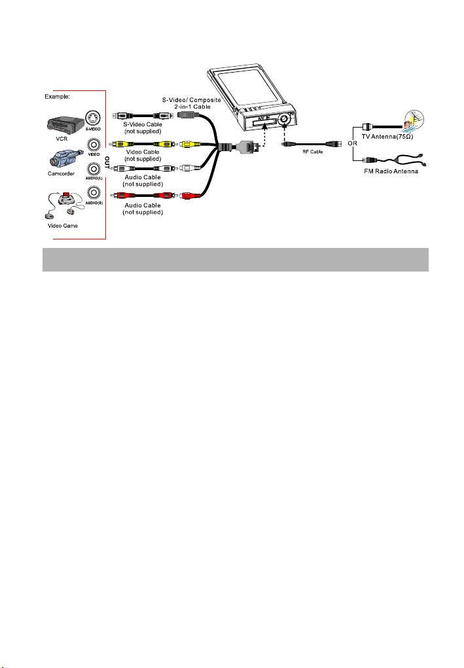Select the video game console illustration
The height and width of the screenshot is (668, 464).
pos(64,205)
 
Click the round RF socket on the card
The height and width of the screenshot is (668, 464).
pos(285,121)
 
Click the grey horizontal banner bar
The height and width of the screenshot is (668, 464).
pos(235,259)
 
